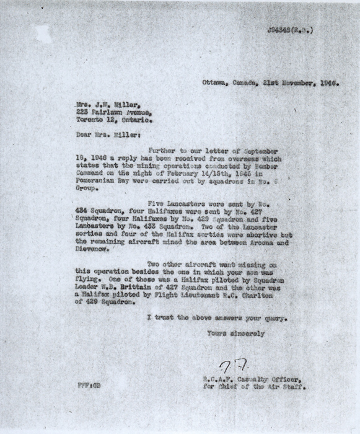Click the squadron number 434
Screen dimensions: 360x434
[82, 211]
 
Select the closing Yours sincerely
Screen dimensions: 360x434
[236, 334]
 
